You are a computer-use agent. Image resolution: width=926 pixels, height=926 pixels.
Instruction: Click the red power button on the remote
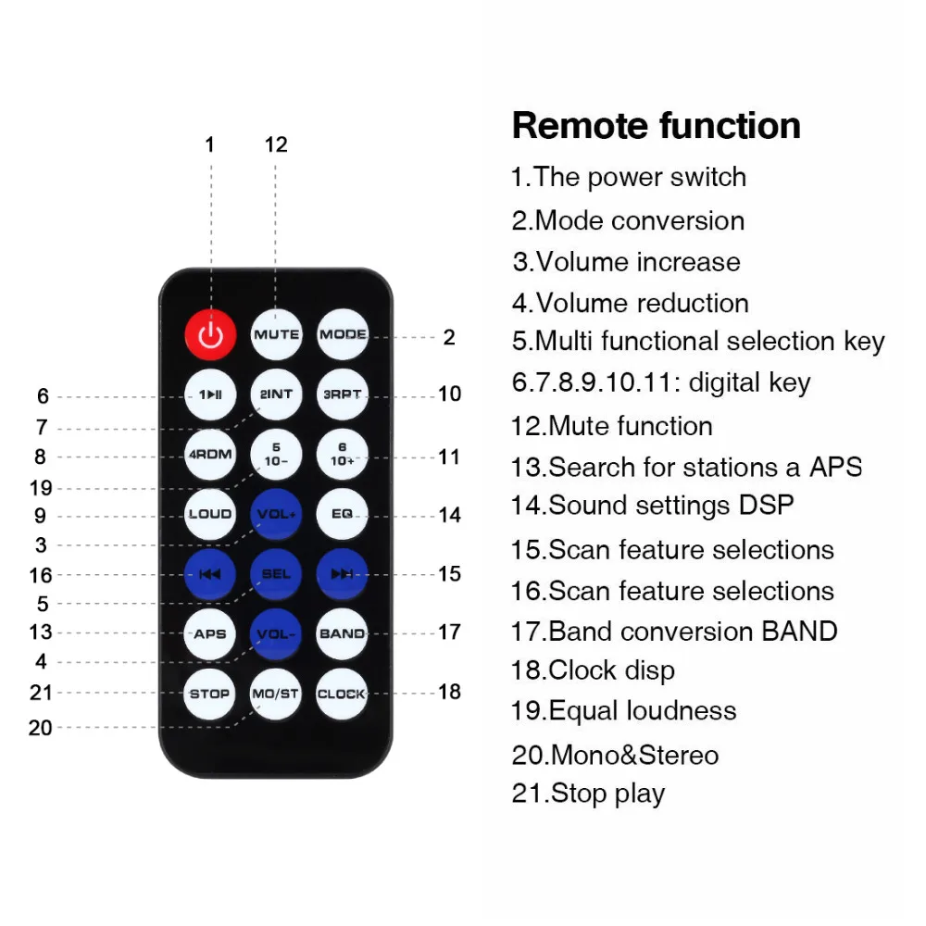click(x=210, y=334)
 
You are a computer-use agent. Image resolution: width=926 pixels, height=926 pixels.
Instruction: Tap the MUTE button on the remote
click(x=276, y=334)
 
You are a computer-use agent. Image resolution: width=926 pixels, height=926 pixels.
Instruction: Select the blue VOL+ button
click(x=276, y=514)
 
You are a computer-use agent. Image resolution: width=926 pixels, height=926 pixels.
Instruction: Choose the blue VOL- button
click(x=276, y=634)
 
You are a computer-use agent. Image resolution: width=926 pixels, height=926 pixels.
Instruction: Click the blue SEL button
click(x=276, y=574)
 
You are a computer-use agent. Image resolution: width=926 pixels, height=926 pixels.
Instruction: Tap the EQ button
click(x=342, y=514)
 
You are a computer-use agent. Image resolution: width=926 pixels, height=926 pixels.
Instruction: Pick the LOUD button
click(x=210, y=514)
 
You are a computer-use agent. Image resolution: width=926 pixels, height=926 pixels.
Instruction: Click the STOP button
click(x=210, y=694)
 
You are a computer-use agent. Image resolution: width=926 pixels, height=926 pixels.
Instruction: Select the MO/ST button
click(x=276, y=694)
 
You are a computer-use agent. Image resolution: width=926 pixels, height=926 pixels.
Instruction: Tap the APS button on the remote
click(x=210, y=634)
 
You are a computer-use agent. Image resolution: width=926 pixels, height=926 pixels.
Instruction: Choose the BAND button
click(x=342, y=634)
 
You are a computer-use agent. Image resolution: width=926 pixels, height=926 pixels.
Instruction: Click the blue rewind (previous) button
click(x=210, y=574)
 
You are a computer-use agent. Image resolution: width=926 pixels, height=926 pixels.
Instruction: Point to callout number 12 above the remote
click(x=276, y=144)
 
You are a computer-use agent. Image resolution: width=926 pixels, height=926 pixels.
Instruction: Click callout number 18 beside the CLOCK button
click(x=449, y=692)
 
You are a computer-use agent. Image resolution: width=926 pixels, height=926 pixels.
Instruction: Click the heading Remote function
click(x=656, y=126)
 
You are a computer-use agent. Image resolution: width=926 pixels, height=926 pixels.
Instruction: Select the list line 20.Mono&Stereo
click(x=615, y=755)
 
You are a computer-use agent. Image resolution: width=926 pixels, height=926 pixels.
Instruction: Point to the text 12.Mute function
click(x=612, y=426)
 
